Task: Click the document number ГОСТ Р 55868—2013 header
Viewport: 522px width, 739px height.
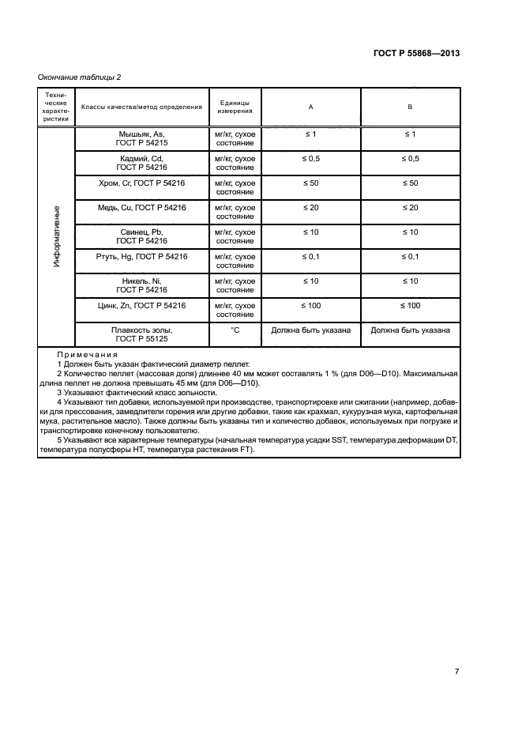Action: (415, 53)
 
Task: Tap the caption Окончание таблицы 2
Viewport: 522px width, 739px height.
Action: (80, 77)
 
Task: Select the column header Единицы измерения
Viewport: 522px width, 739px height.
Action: (235, 107)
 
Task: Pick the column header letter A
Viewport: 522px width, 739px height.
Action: (310, 107)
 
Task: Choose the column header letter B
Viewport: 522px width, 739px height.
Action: (410, 107)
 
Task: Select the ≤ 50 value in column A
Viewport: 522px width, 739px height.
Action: (310, 183)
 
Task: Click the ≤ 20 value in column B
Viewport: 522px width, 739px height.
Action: (410, 208)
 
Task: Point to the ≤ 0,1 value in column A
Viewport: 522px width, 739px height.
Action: (310, 257)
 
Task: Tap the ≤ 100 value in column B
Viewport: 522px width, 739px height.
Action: (410, 306)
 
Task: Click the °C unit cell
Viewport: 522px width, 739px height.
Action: (235, 330)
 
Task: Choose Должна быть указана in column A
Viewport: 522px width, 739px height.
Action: (310, 330)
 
